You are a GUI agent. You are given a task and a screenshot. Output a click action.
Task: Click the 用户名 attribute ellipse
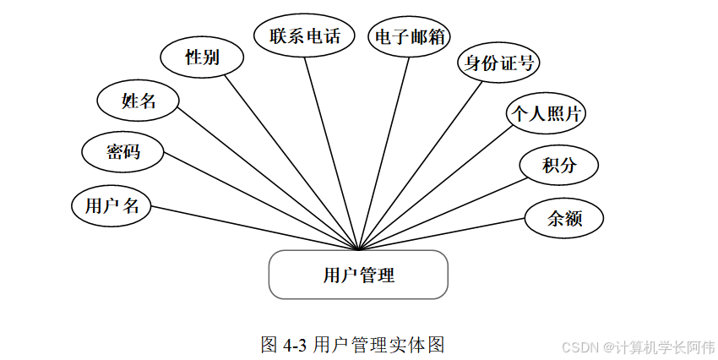112,205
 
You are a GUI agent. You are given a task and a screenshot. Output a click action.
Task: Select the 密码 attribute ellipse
122,152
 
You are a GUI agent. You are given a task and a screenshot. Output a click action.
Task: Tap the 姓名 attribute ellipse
139,101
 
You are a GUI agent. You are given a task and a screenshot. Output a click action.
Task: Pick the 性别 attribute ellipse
203,57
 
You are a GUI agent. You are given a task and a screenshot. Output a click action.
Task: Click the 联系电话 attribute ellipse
305,36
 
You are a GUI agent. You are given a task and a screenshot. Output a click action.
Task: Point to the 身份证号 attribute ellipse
498,63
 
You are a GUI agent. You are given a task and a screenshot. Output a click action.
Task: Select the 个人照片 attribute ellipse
545,113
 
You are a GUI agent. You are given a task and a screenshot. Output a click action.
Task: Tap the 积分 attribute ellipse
559,165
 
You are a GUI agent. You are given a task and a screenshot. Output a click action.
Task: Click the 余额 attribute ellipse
564,218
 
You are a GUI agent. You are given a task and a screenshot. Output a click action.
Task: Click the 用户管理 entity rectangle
358,275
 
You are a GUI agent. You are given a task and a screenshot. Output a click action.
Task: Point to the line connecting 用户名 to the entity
253,227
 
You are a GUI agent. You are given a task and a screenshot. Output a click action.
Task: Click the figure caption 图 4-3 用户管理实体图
353,345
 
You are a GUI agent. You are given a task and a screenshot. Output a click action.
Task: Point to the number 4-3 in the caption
294,345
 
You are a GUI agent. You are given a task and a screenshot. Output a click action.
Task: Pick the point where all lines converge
361,249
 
